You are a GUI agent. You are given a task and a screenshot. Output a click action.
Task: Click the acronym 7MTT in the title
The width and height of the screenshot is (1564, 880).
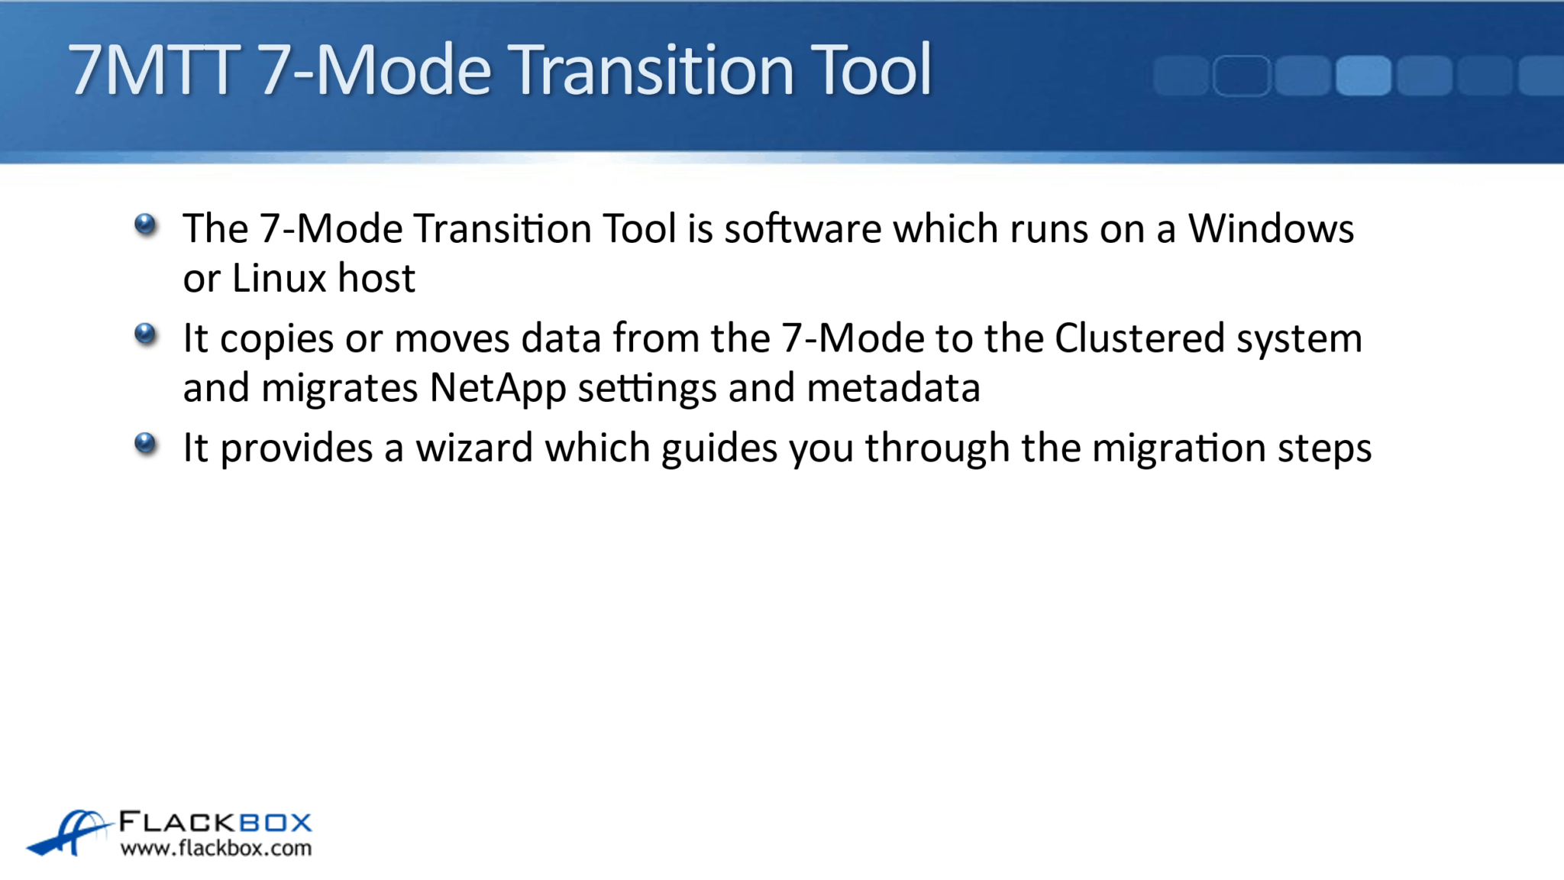[x=153, y=70]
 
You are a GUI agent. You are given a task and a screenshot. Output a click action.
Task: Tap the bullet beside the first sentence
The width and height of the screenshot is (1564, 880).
[x=145, y=225]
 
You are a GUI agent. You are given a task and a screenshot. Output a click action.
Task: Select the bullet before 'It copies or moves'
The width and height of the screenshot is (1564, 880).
[x=145, y=334]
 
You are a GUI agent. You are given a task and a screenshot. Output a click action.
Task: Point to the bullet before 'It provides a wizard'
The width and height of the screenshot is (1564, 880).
[x=145, y=443]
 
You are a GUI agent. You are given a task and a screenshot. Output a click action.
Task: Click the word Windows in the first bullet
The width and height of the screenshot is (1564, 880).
[x=1271, y=228]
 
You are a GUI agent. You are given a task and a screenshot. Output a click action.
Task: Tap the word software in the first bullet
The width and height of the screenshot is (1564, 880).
[x=803, y=228]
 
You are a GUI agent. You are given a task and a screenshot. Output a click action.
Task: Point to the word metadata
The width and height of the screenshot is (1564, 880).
[x=893, y=388]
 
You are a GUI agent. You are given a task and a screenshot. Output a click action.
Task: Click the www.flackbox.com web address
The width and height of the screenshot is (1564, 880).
[x=216, y=848]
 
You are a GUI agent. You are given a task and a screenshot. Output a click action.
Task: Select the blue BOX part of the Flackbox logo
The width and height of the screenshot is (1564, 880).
[x=275, y=823]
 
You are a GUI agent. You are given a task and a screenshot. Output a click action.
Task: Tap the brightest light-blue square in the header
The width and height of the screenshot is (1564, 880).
[x=1363, y=76]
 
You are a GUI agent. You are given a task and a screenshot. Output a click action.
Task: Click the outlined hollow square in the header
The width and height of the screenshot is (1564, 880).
[x=1242, y=76]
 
